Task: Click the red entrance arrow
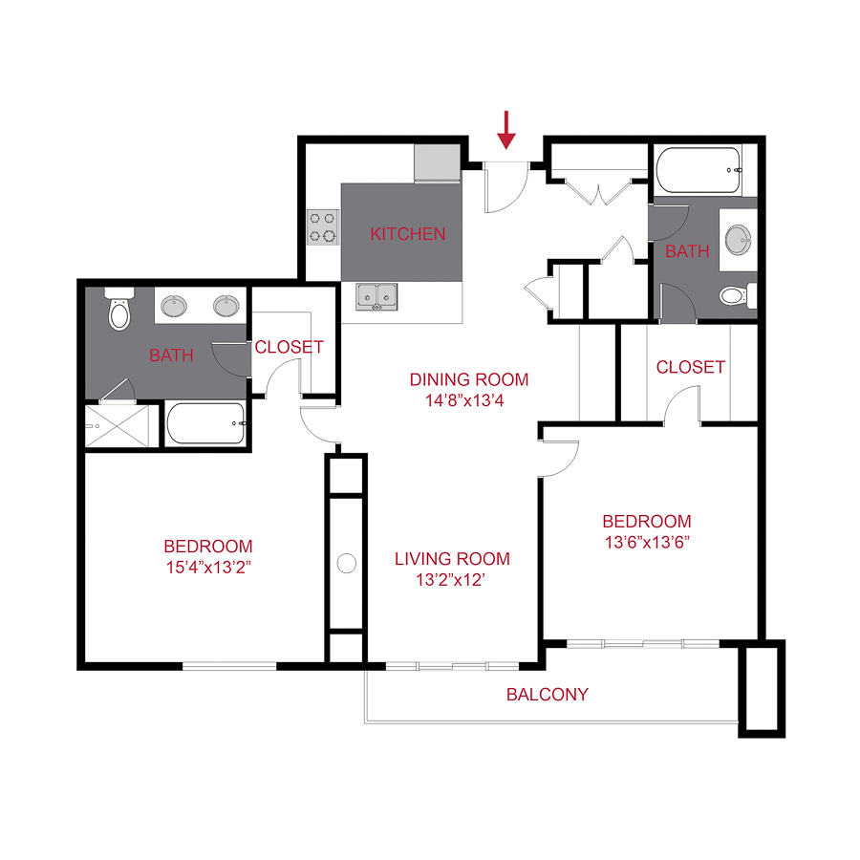pyautogui.click(x=506, y=130)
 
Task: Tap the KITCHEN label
pyautogui.click(x=407, y=234)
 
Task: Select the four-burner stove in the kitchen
pyautogui.click(x=323, y=227)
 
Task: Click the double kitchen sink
pyautogui.click(x=376, y=297)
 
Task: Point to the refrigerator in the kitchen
pyautogui.click(x=437, y=162)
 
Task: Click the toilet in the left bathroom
pyautogui.click(x=119, y=309)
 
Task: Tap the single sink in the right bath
pyautogui.click(x=739, y=240)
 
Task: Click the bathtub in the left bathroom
pyautogui.click(x=205, y=423)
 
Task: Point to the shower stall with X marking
pyautogui.click(x=117, y=426)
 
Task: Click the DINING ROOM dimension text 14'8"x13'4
pyautogui.click(x=464, y=400)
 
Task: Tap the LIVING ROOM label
pyautogui.click(x=453, y=559)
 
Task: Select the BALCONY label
pyautogui.click(x=548, y=695)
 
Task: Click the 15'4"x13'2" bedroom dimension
pyautogui.click(x=208, y=567)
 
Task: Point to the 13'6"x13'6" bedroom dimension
pyautogui.click(x=647, y=542)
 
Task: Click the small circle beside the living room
pyautogui.click(x=347, y=563)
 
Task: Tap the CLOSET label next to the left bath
pyautogui.click(x=289, y=347)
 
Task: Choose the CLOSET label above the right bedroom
pyautogui.click(x=691, y=367)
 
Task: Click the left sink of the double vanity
pyautogui.click(x=174, y=306)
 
